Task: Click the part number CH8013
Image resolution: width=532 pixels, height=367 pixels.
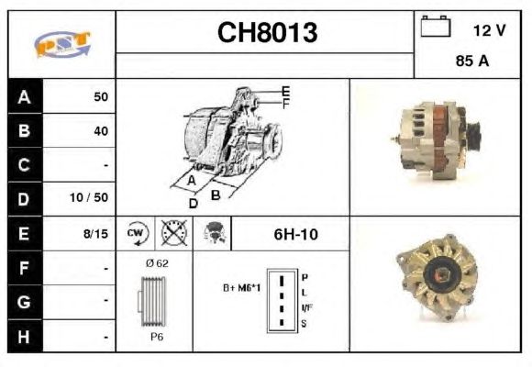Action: [x=267, y=33]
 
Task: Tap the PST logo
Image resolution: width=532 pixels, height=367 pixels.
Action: [x=62, y=44]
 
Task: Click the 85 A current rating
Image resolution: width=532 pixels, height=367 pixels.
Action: [x=472, y=61]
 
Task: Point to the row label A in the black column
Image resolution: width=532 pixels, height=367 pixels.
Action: [x=24, y=97]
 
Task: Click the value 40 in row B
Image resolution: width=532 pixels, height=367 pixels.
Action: [x=101, y=130]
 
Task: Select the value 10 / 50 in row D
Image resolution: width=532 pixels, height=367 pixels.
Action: [x=89, y=197]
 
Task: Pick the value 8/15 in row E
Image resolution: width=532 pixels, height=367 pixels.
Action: [x=95, y=234]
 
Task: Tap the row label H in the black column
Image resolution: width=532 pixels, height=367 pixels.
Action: [x=24, y=337]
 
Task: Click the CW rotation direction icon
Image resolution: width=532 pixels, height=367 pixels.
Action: [x=137, y=234]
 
